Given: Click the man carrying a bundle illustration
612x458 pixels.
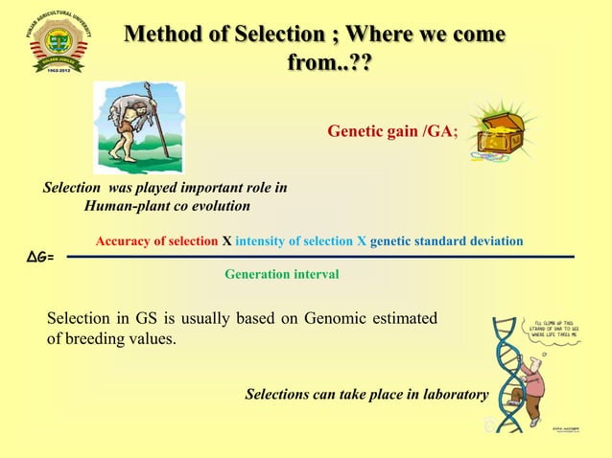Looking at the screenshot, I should click(138, 121).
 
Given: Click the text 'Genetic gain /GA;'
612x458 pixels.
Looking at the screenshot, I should click(393, 131).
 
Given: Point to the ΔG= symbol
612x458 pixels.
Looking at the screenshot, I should click(37, 258).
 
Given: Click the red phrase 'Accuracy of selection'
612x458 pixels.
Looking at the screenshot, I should click(157, 240).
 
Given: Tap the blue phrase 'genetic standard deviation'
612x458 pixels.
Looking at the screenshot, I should click(446, 240).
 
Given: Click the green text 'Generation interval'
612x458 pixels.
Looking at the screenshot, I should click(281, 274).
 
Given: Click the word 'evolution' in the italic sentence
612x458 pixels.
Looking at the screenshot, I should click(230, 205).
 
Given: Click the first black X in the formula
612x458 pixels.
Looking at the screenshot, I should click(226, 240).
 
